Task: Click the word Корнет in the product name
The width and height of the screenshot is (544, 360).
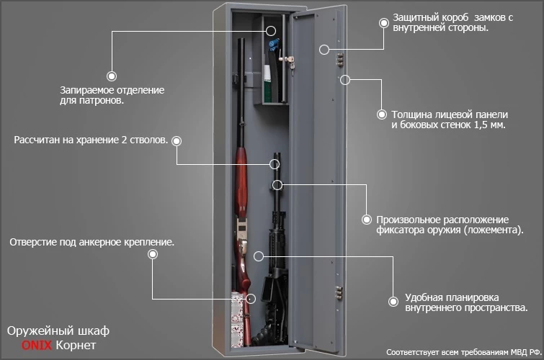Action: (x=75, y=346)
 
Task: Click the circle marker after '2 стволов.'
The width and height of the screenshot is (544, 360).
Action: (x=177, y=140)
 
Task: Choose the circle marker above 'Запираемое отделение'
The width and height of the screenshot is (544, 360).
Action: (x=112, y=74)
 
